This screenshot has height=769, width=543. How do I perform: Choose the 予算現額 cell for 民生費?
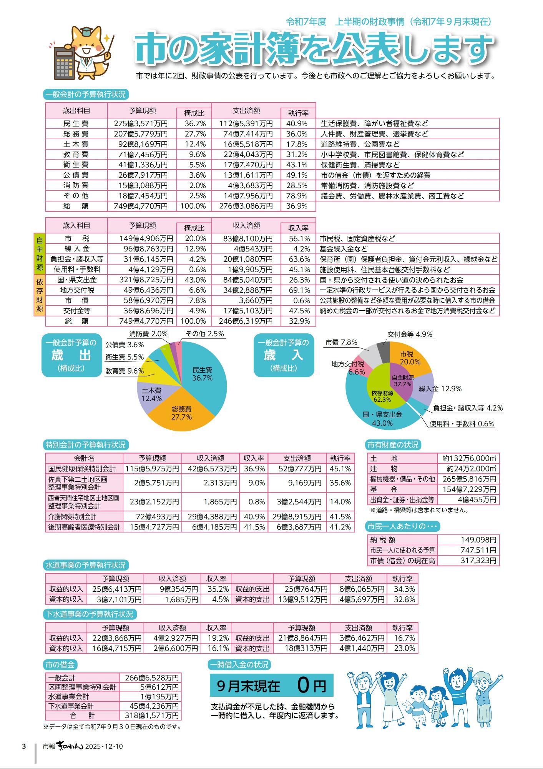pos(141,124)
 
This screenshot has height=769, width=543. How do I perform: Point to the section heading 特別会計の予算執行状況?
pos(86,445)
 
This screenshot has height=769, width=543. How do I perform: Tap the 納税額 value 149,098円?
pos(478,540)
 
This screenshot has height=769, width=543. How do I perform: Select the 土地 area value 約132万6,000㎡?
pos(469,458)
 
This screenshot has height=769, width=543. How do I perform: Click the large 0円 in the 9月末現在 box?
pos(311,686)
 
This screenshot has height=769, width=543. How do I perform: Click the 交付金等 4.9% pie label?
pos(410,335)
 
